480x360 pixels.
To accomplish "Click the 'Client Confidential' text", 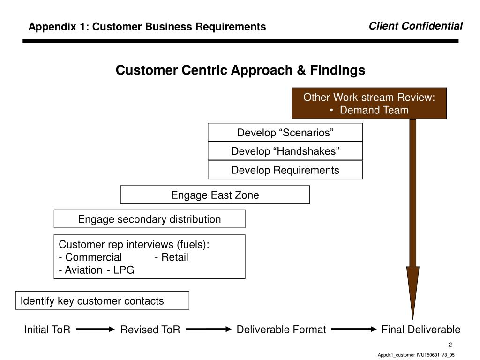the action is pos(415,26).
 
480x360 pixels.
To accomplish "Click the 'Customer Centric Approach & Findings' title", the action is pos(240,70).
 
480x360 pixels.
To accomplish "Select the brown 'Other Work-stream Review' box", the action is pos(369,103).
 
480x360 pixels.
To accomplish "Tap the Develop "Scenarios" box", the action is pos(285,132).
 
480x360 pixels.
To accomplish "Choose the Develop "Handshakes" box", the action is pos(285,151).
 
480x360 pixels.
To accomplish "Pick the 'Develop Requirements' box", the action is pos(285,170).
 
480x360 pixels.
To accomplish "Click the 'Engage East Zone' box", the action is pos(215,195).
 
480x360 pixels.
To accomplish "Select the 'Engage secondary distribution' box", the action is pos(150,219).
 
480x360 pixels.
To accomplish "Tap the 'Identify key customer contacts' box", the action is pos(102,300).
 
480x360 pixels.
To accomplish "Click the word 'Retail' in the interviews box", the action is pos(174,257).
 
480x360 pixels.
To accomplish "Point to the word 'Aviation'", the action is pos(83,270).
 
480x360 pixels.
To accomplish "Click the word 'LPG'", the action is pos(124,270).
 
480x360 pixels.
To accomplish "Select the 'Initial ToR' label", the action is pos(47,330).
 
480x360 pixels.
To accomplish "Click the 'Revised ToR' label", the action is pos(150,330).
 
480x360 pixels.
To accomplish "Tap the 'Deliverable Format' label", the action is pos(281,330).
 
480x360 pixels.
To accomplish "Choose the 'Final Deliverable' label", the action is pos(421,330).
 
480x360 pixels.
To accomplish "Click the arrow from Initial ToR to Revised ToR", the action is pos(95,330).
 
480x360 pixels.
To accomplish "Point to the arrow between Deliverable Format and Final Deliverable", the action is pos(354,330).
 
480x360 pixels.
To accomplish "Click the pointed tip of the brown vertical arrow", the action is pos(412,320).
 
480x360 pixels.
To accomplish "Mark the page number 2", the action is pos(450,345).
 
